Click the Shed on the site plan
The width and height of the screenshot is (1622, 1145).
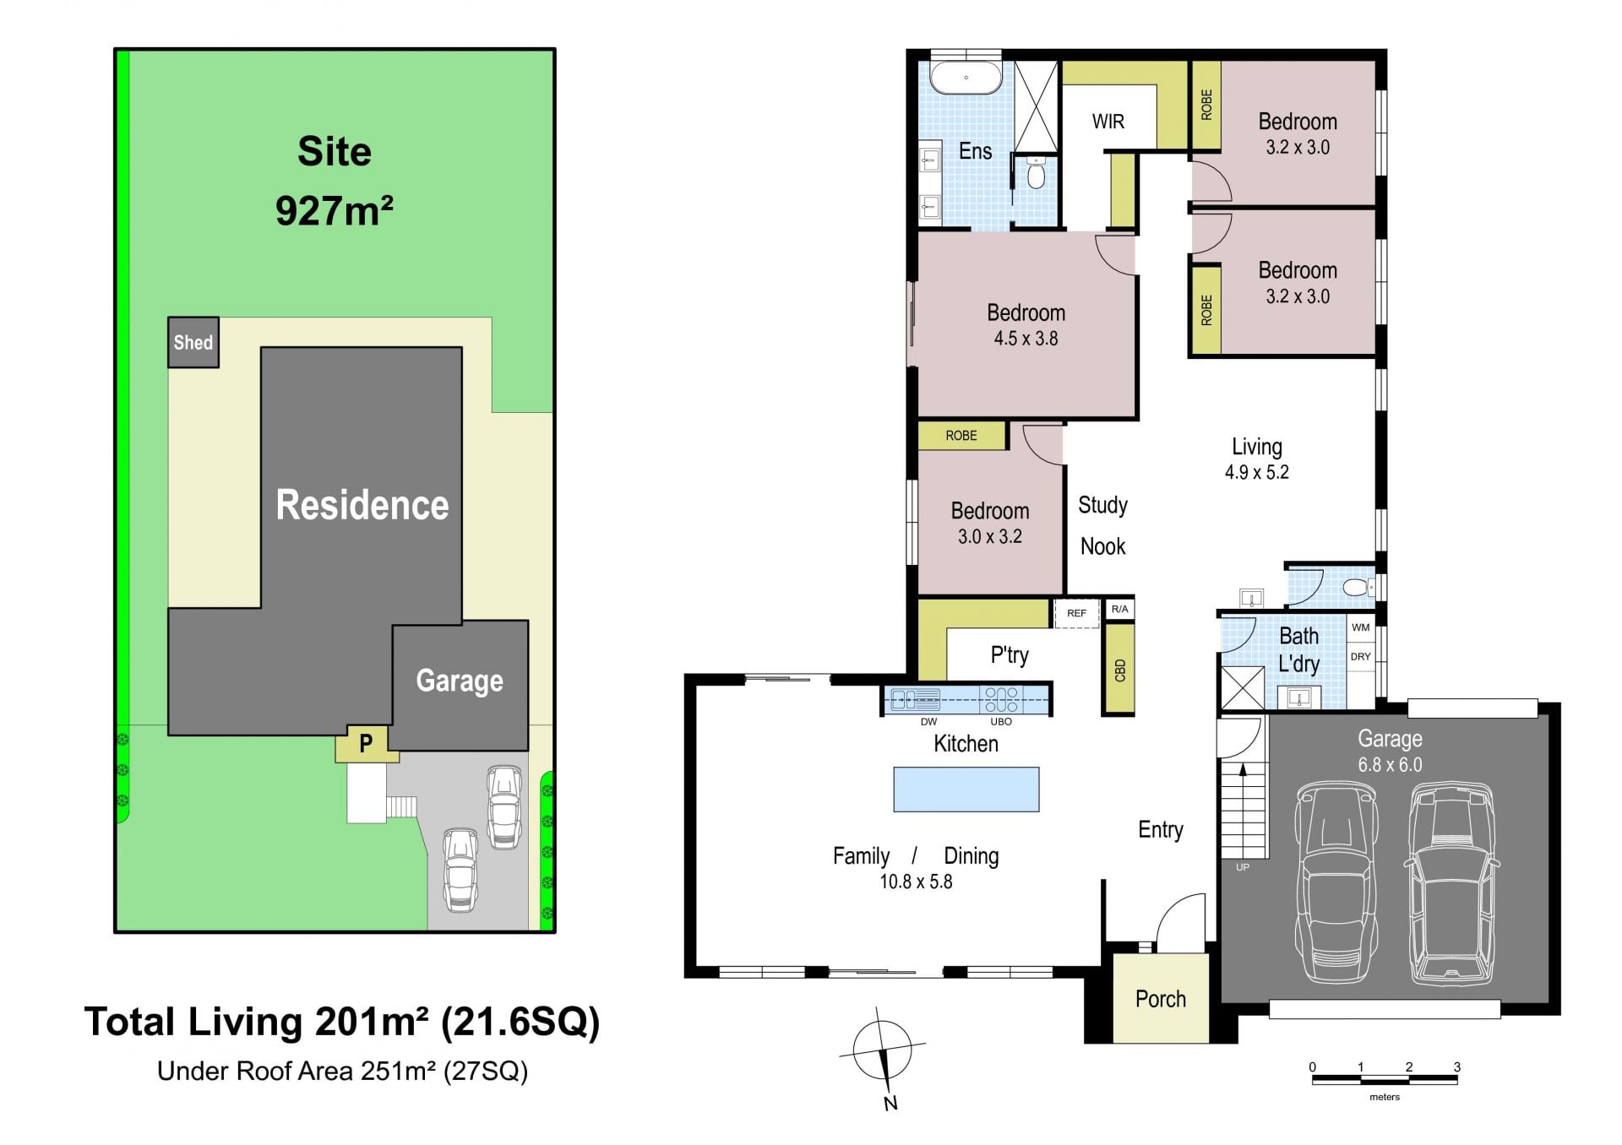click(x=193, y=342)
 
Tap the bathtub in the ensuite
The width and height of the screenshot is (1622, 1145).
click(x=966, y=77)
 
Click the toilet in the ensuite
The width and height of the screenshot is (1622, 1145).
click(x=1037, y=173)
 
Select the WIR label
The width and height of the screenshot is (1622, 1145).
click(x=1108, y=122)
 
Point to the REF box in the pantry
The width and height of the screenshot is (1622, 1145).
click(x=1076, y=613)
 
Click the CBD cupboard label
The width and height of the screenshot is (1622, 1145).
click(x=1120, y=670)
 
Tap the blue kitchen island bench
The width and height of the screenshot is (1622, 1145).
click(x=966, y=789)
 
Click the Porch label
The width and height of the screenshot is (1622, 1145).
click(x=1161, y=999)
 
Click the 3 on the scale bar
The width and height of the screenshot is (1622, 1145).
click(x=1457, y=1066)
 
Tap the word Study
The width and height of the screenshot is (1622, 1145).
click(x=1103, y=506)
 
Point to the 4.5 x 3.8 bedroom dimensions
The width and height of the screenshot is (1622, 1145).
click(x=1026, y=339)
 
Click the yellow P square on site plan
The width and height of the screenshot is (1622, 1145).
click(x=367, y=744)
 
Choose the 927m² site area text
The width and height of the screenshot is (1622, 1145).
click(x=335, y=210)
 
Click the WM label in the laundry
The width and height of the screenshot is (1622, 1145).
click(x=1361, y=627)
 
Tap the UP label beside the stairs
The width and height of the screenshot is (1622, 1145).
click(x=1243, y=867)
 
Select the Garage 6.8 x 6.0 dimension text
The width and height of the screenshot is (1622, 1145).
click(x=1391, y=765)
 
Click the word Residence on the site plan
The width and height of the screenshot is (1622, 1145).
click(x=362, y=505)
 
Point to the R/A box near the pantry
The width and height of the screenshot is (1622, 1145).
click(x=1119, y=609)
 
